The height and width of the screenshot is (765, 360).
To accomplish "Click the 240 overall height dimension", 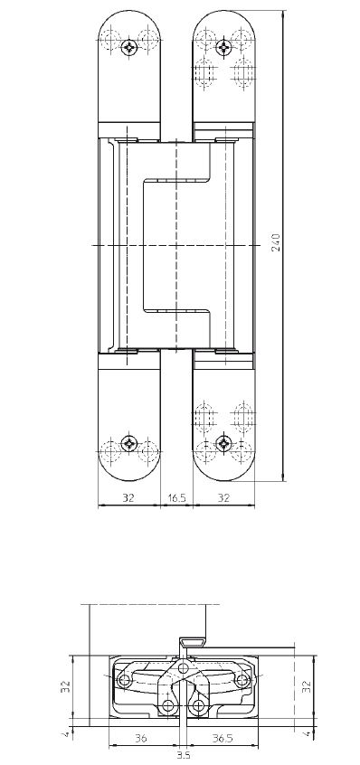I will (278, 243).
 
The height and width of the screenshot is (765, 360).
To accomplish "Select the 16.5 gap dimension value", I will (177, 497).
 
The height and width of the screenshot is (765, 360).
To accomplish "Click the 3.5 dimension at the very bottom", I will (184, 752).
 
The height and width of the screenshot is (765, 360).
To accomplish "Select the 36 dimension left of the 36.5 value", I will (141, 739).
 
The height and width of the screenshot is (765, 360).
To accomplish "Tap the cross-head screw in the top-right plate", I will (223, 44).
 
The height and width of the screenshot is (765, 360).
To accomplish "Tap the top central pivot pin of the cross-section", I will (185, 668).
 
